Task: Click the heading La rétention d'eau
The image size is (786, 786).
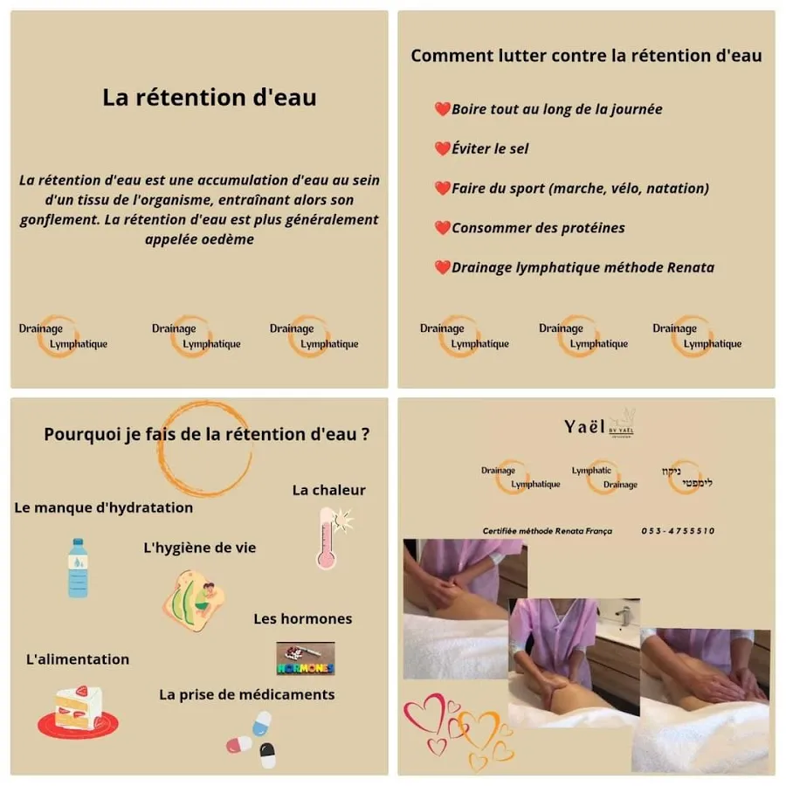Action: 210,97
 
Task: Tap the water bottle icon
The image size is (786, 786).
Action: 78,568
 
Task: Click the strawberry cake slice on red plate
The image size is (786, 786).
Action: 79,713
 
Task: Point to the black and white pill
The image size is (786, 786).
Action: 267,755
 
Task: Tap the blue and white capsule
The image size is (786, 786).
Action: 262,723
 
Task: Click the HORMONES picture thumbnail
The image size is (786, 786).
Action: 306,658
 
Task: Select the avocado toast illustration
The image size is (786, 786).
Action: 193,601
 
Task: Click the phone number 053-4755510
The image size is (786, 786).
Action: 678,531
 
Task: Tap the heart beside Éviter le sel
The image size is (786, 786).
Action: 442,148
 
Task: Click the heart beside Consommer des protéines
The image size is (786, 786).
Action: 442,228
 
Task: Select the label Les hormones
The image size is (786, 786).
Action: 303,618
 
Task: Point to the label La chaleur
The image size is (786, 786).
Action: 329,490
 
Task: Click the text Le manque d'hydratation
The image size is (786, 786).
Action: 103,507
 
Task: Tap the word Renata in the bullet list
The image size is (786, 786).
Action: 690,267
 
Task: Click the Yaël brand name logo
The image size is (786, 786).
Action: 584,426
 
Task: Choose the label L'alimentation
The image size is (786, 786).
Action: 78,659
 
